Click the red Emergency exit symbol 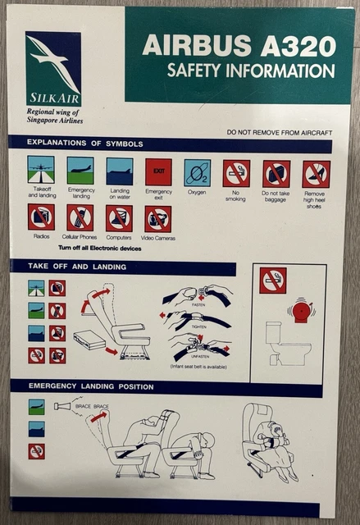pos(158,171)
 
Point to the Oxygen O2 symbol pos(197,172)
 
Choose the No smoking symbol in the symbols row pos(236,173)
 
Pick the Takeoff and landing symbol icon pos(40,170)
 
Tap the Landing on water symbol pos(119,171)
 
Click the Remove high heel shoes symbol pos(316,173)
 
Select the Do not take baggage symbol pos(276,173)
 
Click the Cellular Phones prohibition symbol pos(80,217)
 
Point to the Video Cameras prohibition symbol pos(158,218)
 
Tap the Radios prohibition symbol pos(41,217)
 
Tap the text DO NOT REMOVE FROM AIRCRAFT pos(279,132)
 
